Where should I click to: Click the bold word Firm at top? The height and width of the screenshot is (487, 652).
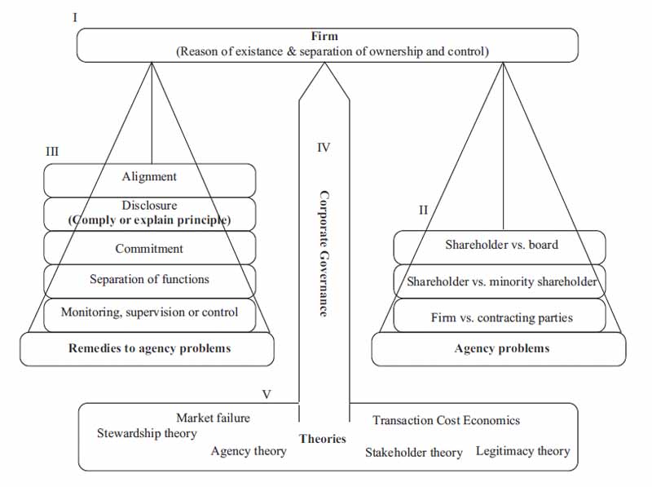[x=324, y=37]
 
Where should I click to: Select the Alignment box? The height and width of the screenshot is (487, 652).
[x=149, y=177]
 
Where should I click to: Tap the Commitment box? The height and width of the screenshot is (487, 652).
[x=149, y=249]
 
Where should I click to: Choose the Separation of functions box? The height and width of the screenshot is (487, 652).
[x=149, y=279]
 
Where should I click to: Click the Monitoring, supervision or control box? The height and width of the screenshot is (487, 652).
[x=149, y=312]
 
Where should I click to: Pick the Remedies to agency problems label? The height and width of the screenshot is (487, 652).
[x=149, y=348]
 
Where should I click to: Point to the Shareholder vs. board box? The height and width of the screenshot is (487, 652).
[x=501, y=244]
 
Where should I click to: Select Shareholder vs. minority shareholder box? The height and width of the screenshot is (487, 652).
[x=501, y=282]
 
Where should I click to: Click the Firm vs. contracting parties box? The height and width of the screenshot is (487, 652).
[x=501, y=317]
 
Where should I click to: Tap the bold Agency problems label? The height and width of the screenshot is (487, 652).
[x=501, y=348]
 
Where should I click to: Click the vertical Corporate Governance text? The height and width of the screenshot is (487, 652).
[x=324, y=253]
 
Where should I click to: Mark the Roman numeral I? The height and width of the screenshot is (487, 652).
[x=75, y=16]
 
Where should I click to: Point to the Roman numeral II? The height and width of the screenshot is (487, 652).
[x=423, y=210]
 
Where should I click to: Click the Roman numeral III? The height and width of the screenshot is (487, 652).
[x=53, y=151]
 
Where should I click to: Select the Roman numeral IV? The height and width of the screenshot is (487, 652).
[x=324, y=148]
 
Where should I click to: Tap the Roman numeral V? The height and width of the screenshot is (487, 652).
[x=267, y=394]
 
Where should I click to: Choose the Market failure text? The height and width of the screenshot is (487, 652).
[x=213, y=418]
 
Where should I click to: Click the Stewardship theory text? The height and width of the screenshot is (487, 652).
[x=147, y=433]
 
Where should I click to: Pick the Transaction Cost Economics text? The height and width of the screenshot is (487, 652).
[x=446, y=420]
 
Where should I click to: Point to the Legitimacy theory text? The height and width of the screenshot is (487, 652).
[x=522, y=450]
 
